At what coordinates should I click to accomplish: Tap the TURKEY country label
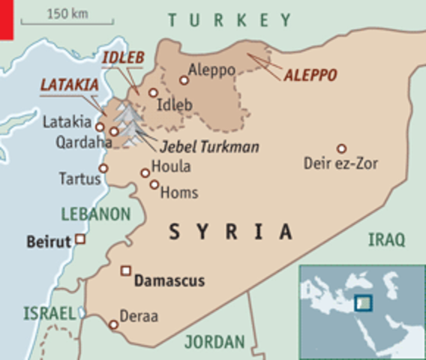coord(229,19)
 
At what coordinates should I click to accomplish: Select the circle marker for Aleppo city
coord(184,79)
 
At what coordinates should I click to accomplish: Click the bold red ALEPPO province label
coord(310,74)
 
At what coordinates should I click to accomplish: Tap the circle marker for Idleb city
coord(153,93)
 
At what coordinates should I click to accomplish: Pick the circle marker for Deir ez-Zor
coord(341,148)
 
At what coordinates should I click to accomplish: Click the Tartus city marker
coord(103,169)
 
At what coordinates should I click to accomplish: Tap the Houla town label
coord(171,167)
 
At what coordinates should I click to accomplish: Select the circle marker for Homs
coord(154,184)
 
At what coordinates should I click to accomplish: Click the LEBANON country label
coord(96,214)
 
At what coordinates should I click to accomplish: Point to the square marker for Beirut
coord(79,240)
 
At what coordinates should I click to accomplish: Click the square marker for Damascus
coord(126,271)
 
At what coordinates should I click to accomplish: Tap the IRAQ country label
coord(386,240)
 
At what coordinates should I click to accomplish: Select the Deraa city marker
coord(113,325)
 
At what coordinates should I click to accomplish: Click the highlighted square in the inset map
coord(363,303)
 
